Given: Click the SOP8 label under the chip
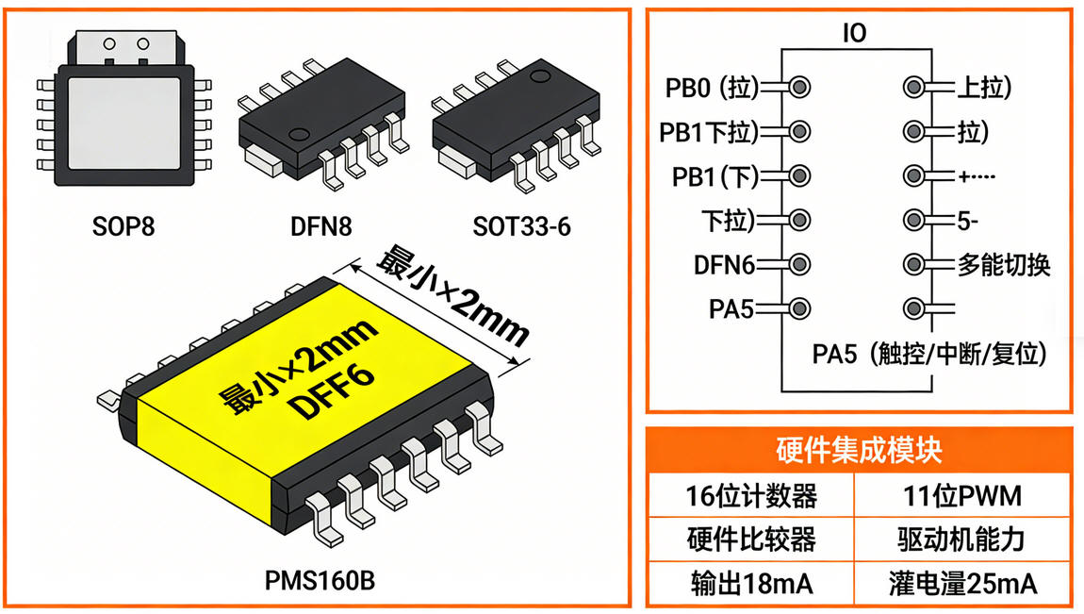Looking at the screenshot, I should [124, 226].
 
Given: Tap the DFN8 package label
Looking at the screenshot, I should [322, 226].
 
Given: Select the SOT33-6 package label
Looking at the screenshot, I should [520, 226].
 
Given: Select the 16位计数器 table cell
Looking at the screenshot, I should [750, 495].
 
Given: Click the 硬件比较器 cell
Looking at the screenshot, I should [750, 539].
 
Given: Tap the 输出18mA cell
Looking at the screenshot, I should [750, 584].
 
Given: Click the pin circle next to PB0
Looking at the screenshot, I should [799, 88].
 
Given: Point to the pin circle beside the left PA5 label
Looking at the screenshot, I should [799, 307].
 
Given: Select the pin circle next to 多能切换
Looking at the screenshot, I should [912, 263].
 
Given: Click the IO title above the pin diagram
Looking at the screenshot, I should [854, 34].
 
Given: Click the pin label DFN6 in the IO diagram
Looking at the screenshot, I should [725, 265].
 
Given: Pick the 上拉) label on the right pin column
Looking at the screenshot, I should [983, 89].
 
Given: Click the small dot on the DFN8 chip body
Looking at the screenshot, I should [301, 133].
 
